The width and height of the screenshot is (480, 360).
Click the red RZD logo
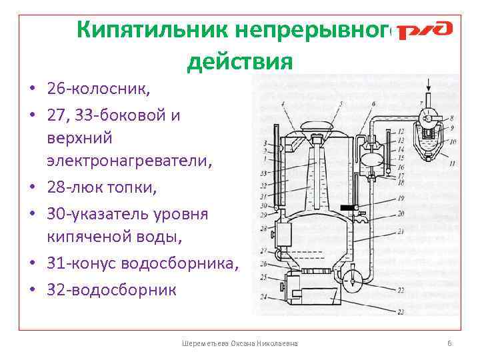(x=425, y=31)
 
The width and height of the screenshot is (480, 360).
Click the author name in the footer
(x=240, y=343)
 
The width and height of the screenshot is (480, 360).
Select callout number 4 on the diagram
(x=283, y=103)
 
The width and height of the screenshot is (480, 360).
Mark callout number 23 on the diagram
(x=400, y=312)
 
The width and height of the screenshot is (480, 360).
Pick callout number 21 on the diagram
(x=400, y=231)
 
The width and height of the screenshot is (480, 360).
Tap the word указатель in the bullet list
(x=110, y=215)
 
